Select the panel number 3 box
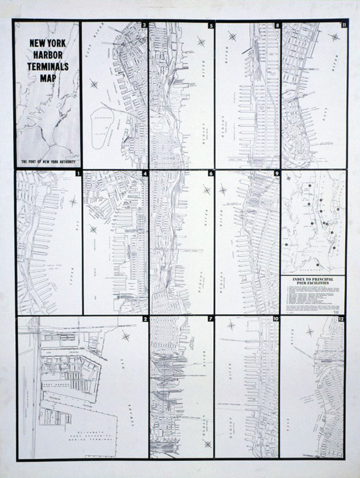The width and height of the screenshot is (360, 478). (x=144, y=26)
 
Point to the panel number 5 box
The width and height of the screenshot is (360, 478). (x=211, y=26)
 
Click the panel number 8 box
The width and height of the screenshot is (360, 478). (x=277, y=26)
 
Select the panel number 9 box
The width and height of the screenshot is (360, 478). (x=277, y=173)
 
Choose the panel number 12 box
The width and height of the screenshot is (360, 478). (x=341, y=319)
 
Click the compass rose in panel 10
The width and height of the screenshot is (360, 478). (x=231, y=325)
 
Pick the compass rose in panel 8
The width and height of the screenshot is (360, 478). (x=232, y=36)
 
